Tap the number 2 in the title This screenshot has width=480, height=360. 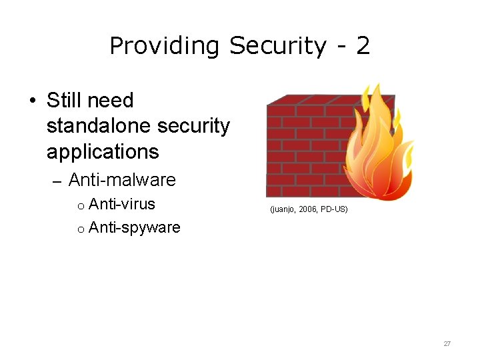pyautogui.click(x=363, y=46)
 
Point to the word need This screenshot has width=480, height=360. pyautogui.click(x=111, y=101)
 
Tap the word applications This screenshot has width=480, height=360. pyautogui.click(x=103, y=152)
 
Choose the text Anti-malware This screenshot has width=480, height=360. pyautogui.click(x=122, y=180)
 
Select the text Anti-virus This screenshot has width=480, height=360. pyautogui.click(x=122, y=204)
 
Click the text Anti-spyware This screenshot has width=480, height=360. pyautogui.click(x=134, y=228)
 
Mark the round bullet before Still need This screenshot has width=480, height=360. pyautogui.click(x=32, y=101)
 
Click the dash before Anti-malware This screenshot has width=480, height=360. pyautogui.click(x=56, y=181)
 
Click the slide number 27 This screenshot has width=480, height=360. pyautogui.click(x=447, y=343)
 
